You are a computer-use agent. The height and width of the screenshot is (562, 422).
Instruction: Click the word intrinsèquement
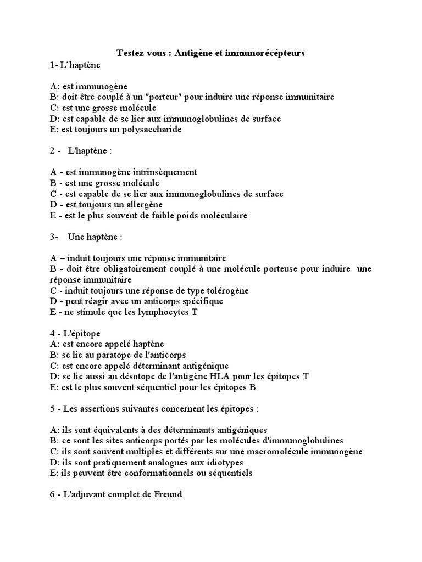[163, 172]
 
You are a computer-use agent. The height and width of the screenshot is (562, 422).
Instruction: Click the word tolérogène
[222, 290]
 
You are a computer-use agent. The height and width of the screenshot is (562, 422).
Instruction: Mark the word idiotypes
[207, 463]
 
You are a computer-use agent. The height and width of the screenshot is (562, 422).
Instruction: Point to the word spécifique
[195, 301]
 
